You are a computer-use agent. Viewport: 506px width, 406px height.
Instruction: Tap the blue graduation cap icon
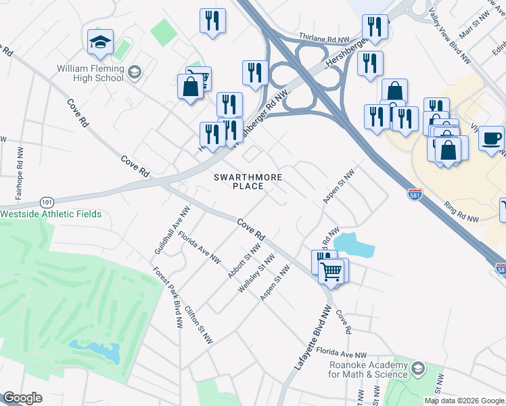point(100,43)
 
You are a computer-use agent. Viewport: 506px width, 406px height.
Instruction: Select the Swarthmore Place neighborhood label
point(247,181)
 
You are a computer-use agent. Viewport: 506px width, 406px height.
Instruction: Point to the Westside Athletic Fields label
point(51,215)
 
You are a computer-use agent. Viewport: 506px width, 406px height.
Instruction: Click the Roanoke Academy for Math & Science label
point(369,369)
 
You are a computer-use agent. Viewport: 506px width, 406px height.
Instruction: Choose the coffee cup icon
point(491,138)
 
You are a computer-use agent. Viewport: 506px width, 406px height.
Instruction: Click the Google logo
point(22,398)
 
